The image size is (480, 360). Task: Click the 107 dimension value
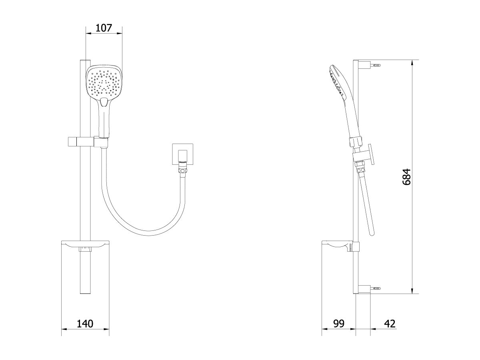click(104, 28)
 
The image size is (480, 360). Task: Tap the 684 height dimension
click(406, 176)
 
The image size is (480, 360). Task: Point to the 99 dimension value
click(338, 323)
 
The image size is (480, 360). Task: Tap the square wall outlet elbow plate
click(182, 153)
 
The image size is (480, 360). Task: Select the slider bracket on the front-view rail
click(82, 141)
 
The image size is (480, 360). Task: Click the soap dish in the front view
click(85, 244)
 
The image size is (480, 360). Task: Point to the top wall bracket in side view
click(366, 64)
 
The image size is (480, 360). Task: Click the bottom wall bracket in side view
click(366, 288)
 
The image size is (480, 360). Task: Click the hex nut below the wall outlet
click(182, 171)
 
